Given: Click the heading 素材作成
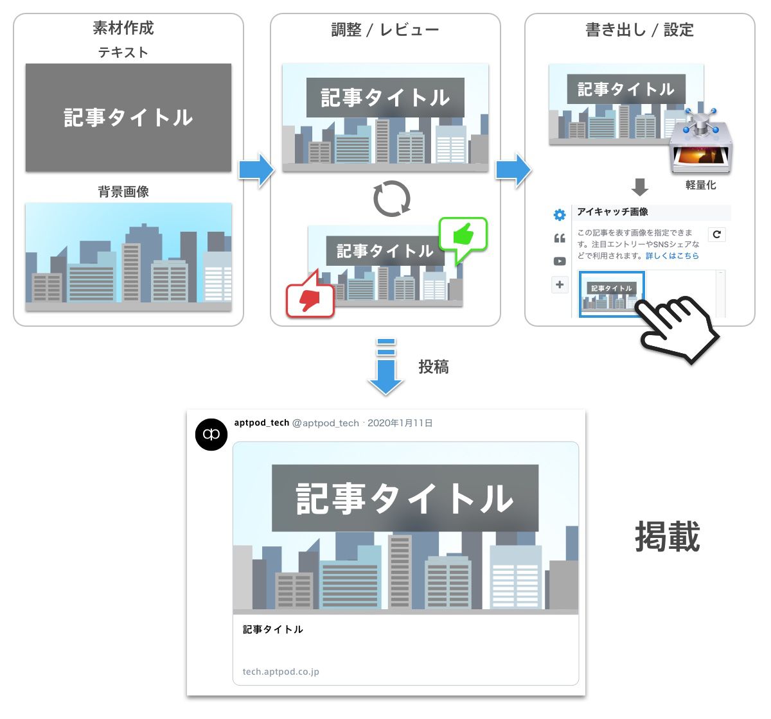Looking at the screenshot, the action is [x=123, y=28].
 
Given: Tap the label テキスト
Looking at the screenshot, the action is [x=123, y=52].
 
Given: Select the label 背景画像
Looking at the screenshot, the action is [x=123, y=191].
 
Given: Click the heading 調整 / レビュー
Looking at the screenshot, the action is [x=385, y=30].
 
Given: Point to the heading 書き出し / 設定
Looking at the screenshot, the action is [x=639, y=30].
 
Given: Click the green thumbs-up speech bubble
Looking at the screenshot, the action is [x=463, y=238].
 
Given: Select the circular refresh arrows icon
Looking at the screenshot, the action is [x=391, y=198].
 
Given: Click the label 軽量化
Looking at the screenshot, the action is [x=700, y=185].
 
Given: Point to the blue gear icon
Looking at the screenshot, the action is [x=560, y=215].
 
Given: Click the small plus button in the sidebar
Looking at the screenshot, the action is [x=560, y=284].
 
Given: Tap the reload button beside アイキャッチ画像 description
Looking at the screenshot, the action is [x=716, y=234].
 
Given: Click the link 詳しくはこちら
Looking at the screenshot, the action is [x=672, y=256].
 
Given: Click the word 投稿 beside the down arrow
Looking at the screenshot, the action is [x=433, y=367].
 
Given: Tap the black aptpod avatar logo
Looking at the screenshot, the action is [x=211, y=435].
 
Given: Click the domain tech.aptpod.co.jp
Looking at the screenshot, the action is [x=281, y=671].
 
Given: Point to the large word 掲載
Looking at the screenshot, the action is [x=667, y=536].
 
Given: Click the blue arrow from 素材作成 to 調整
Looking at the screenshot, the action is [x=256, y=170].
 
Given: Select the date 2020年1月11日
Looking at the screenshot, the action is [x=400, y=423].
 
